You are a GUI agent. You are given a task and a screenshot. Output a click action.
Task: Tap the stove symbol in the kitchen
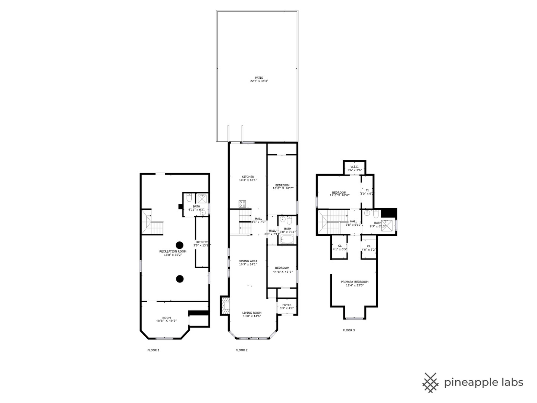(x=242, y=204)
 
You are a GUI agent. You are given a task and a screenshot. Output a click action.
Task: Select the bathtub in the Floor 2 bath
(x=288, y=239)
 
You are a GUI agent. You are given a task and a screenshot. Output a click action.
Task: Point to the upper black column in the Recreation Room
(x=180, y=245)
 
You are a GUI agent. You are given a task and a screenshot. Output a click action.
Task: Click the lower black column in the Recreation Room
(x=180, y=278)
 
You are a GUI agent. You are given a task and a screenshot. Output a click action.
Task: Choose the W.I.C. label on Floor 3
(x=354, y=166)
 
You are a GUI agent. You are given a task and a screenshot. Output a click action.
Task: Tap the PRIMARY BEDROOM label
(x=354, y=282)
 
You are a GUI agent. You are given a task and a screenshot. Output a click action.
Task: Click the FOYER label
(x=286, y=305)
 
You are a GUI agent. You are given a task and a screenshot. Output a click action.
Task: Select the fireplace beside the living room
(x=225, y=306)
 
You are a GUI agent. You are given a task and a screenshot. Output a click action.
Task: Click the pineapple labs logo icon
(x=430, y=382)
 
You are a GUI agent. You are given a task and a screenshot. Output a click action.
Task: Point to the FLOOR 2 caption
(x=241, y=350)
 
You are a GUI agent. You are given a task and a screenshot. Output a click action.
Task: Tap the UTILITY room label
(x=202, y=242)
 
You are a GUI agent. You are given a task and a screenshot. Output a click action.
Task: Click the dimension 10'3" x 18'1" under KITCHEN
(x=248, y=180)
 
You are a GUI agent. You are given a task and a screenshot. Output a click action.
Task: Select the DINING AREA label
(x=248, y=261)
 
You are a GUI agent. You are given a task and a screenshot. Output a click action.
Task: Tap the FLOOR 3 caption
(x=349, y=330)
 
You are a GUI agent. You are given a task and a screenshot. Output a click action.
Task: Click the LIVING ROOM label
(x=252, y=313)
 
